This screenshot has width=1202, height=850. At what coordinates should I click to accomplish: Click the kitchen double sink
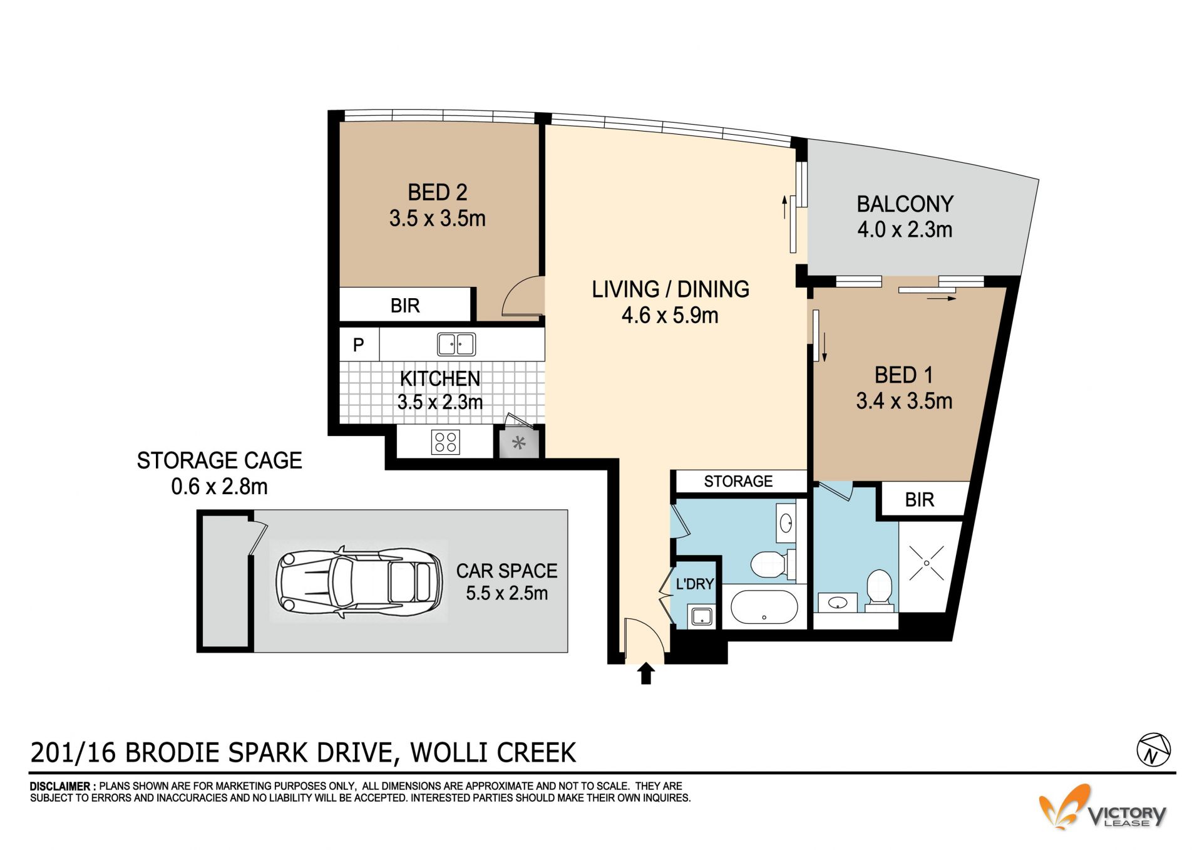click(x=456, y=345)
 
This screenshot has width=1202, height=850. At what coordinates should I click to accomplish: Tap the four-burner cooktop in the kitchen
click(x=445, y=442)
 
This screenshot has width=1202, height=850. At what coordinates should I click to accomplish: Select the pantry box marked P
click(x=359, y=345)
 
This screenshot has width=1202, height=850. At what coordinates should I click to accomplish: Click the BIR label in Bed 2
click(x=405, y=306)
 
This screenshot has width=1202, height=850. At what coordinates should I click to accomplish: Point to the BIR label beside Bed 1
click(x=919, y=500)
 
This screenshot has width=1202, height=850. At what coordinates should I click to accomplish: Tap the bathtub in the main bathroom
click(x=764, y=606)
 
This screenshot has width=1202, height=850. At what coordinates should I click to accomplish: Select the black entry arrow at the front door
click(x=646, y=674)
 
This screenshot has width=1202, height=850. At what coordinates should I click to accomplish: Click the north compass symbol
click(x=1153, y=749)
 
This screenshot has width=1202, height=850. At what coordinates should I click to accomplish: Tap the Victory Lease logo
click(x=1102, y=809)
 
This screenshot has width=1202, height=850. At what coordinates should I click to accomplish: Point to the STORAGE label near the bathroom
click(x=738, y=481)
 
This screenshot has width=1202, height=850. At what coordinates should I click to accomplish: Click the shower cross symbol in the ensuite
click(x=927, y=562)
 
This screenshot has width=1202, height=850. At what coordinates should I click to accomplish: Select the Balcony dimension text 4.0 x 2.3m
click(x=905, y=230)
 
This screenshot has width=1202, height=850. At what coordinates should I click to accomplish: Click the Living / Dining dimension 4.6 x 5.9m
click(x=670, y=315)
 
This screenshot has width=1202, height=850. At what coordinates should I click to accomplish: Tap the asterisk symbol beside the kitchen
click(x=518, y=444)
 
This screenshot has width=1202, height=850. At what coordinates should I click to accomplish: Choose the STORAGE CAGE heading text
click(x=219, y=460)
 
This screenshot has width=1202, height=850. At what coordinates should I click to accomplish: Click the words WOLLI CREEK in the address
click(x=493, y=752)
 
